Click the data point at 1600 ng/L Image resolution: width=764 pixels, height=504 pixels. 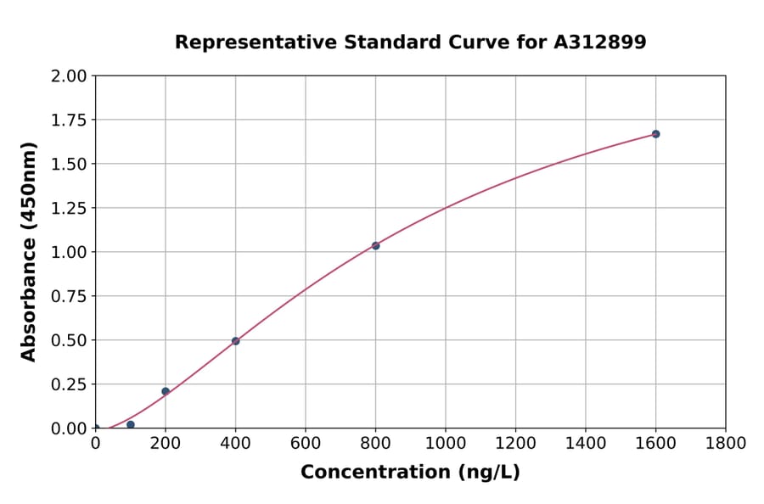pos(655,134)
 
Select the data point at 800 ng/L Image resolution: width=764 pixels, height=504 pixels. pos(375,245)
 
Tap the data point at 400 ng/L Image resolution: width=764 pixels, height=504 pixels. pos(235,341)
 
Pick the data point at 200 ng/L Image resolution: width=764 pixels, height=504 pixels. pos(166,391)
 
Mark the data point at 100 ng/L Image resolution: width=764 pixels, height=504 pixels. pos(130,424)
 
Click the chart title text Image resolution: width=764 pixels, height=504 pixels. pos(410,42)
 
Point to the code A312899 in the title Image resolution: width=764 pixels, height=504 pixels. pos(600,42)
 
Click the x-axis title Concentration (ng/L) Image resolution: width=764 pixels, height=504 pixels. pos(410,473)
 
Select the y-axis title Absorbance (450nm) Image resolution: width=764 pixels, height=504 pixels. pos(29,252)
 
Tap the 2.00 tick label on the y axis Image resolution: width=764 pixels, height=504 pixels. pos(69,76)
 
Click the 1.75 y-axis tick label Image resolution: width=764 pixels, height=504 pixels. pos(69,120)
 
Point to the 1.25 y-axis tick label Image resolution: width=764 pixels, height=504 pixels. pos(69,209)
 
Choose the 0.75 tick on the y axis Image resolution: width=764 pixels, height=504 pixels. pos(69,296)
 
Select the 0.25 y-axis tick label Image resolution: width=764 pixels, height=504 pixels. pos(69,384)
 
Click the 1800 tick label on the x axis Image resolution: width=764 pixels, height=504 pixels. pos(725,444)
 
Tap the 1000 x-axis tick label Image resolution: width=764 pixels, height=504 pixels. pos(445,444)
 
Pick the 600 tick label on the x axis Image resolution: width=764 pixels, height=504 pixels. pos(306,444)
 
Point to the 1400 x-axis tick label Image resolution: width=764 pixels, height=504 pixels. pos(585,444)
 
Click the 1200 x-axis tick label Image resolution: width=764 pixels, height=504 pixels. pos(515,444)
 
